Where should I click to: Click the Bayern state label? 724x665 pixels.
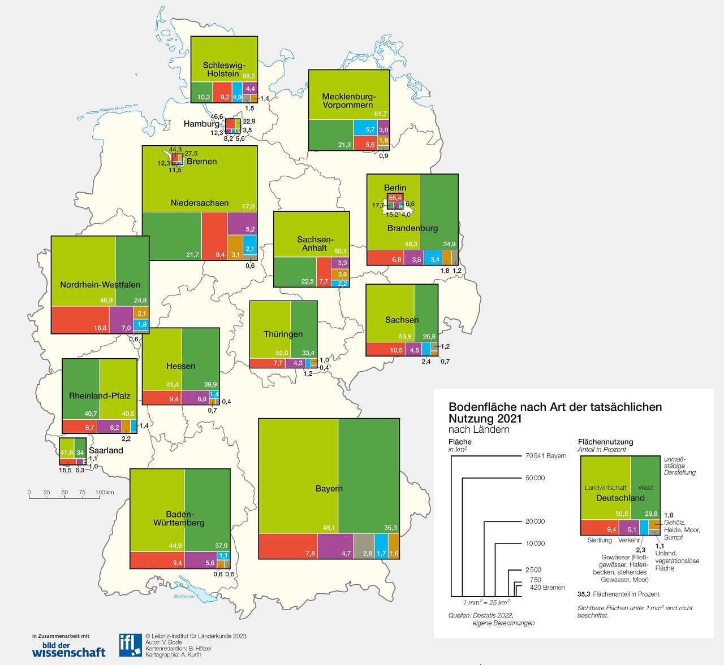coord(329,489)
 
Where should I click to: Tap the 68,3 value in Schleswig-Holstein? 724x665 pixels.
coord(249,76)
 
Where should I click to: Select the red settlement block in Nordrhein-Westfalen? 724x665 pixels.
coord(80,320)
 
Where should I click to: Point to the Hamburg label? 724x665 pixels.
coord(201,124)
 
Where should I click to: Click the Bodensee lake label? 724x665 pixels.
coord(184,596)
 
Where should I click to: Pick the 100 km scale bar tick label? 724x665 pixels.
coord(105,492)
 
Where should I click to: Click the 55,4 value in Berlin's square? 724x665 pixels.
coord(395,198)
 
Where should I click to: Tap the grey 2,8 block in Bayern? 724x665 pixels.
coord(364,546)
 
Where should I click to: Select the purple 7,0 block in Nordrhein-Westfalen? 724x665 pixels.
coord(121,320)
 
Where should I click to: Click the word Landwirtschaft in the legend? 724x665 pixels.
coord(605,488)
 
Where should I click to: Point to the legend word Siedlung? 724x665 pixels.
coord(600,540)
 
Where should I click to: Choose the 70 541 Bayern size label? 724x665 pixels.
coord(546,456)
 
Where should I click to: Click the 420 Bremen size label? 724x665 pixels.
coord(547,588)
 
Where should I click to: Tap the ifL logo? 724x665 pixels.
coord(130,645)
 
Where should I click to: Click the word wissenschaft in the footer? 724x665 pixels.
coord(68,653)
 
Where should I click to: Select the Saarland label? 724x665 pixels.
coord(106,450)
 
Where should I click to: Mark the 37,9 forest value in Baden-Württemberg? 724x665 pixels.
coord(221,546)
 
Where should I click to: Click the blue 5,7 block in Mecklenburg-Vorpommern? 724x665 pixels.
coord(365,127)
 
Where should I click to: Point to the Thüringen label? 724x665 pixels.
coord(283,334)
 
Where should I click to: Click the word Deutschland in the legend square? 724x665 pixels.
coord(620,498)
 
